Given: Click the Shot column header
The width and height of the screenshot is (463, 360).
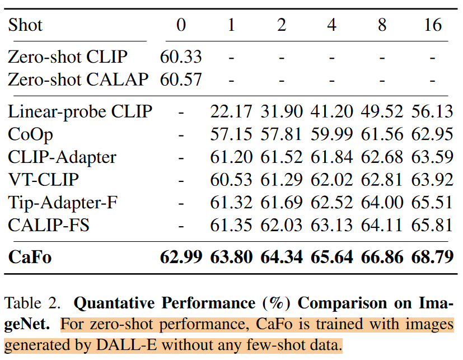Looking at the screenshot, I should pyautogui.click(x=25, y=25).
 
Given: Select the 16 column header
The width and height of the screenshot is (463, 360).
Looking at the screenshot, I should pyautogui.click(x=432, y=25).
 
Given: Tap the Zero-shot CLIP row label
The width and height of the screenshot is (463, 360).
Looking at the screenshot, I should pyautogui.click(x=68, y=57).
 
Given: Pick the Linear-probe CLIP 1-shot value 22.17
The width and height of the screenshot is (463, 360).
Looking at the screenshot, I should pyautogui.click(x=231, y=111).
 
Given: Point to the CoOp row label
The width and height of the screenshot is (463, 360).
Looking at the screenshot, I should pyautogui.click(x=31, y=134).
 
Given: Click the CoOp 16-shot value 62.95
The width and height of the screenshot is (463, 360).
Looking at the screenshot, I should pyautogui.click(x=432, y=134).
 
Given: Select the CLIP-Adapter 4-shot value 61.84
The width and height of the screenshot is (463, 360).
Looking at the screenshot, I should pyautogui.click(x=331, y=157).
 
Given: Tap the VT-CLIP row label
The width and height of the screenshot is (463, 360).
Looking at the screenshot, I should pyautogui.click(x=43, y=180).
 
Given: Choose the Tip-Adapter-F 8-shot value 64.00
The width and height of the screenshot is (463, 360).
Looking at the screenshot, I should pyautogui.click(x=382, y=203).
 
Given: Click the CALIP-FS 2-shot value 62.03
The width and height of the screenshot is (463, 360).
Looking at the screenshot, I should pyautogui.click(x=281, y=226).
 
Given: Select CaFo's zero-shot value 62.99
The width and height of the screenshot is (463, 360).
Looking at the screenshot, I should pyautogui.click(x=181, y=257).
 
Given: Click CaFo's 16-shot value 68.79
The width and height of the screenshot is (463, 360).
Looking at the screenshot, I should pyautogui.click(x=432, y=257).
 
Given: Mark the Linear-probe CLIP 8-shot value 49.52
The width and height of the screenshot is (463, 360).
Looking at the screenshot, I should pyautogui.click(x=382, y=111).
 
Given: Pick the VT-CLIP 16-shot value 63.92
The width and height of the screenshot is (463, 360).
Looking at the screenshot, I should pyautogui.click(x=432, y=180).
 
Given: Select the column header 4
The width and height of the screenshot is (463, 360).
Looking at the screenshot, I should pyautogui.click(x=331, y=25).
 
